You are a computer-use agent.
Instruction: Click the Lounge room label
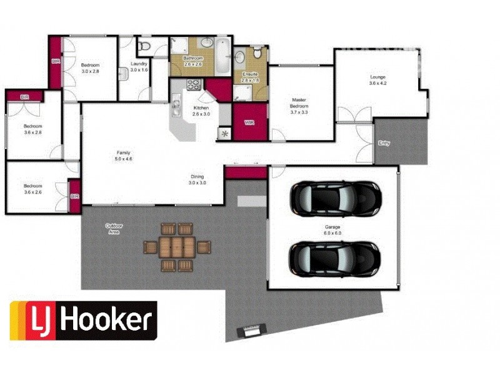(x=377, y=79)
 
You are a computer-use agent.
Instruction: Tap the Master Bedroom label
(x=299, y=103)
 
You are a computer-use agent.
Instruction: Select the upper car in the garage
(x=335, y=198)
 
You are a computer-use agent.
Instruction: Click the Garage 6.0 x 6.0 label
(x=333, y=229)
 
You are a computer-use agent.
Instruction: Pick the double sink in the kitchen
(x=177, y=103)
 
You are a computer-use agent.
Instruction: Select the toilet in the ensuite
(x=256, y=56)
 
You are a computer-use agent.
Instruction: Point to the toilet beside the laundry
(x=143, y=46)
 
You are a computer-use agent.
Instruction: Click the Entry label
(x=384, y=143)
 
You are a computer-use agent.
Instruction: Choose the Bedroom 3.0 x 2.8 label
(x=90, y=68)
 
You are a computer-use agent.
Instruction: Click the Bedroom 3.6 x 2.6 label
(x=32, y=189)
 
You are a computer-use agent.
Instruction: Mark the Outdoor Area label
(x=114, y=229)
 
